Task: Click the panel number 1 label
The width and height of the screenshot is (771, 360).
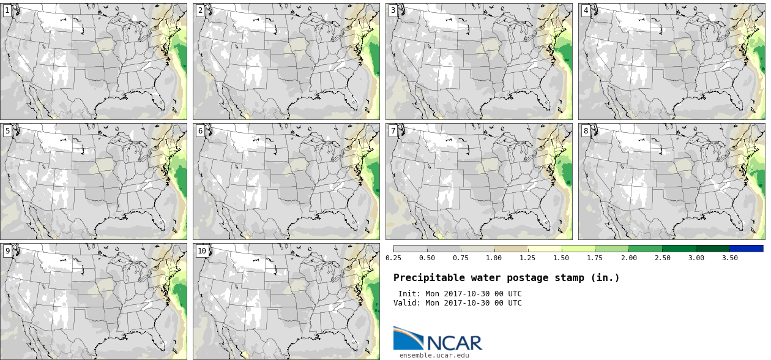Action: pos(7,10)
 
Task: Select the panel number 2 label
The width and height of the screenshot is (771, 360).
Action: pos(200,10)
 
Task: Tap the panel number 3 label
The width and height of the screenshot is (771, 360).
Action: pos(393,10)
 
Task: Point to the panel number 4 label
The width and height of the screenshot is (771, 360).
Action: pos(586,10)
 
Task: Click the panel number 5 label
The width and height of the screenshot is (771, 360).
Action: pos(7,130)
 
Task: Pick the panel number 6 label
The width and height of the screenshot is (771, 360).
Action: pos(200,130)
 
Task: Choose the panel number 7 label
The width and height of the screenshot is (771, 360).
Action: pos(393,130)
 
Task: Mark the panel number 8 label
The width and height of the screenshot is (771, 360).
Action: pos(586,130)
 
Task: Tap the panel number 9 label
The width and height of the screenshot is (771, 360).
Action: pos(7,251)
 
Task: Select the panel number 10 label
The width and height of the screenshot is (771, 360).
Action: pos(202,251)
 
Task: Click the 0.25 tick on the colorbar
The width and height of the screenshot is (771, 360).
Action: pos(393,258)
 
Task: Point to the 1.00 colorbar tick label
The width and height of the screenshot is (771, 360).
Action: pos(494,258)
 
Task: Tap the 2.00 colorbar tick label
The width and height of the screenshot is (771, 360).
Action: pos(628,258)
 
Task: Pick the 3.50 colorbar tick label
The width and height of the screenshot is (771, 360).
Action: pos(729,258)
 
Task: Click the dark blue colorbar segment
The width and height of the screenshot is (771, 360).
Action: pos(747,249)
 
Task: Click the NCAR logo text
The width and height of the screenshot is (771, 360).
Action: pos(455,343)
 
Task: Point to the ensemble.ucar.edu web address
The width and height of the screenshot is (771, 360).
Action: pos(434,355)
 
